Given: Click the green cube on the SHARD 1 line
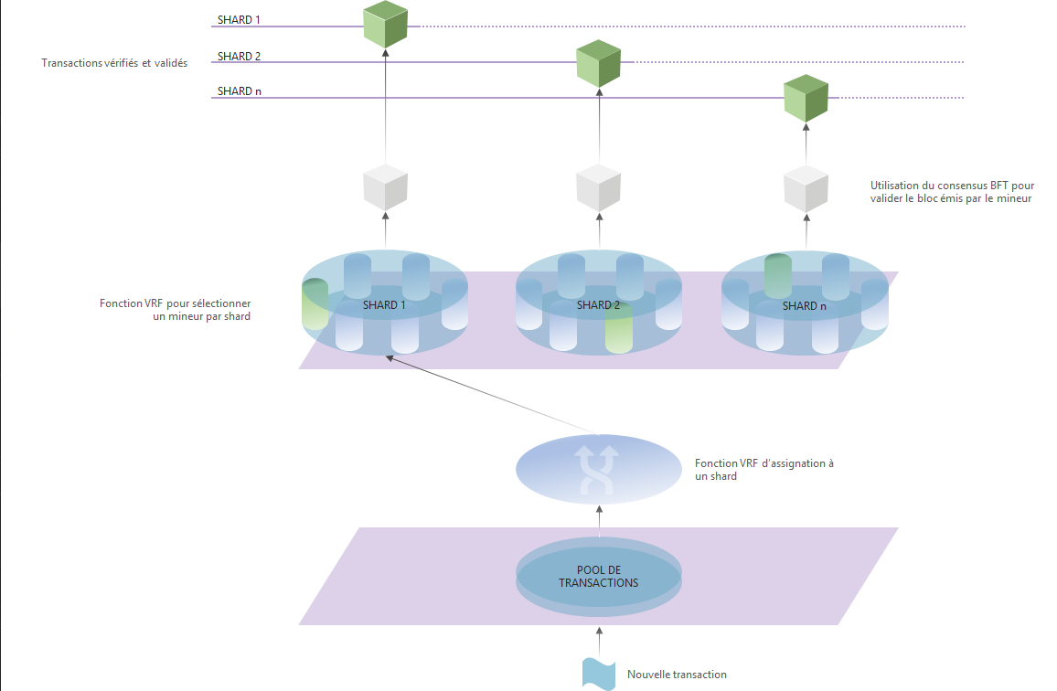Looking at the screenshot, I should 385,26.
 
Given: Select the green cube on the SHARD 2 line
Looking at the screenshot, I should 599,63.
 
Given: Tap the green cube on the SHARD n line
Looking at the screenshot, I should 806,99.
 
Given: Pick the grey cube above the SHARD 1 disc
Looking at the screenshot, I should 385,187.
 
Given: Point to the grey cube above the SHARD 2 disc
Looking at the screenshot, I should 599,187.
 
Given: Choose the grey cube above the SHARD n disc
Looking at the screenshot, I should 806,189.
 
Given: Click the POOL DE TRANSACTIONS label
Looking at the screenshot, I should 599,577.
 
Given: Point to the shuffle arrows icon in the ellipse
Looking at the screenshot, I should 599,470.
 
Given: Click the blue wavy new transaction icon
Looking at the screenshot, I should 600,674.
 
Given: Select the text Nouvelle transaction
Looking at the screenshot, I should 677,675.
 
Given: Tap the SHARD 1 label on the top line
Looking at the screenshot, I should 235,19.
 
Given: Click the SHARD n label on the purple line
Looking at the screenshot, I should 235,91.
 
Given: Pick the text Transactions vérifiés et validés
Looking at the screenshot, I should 114,63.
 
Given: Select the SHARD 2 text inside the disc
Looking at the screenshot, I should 598,305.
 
